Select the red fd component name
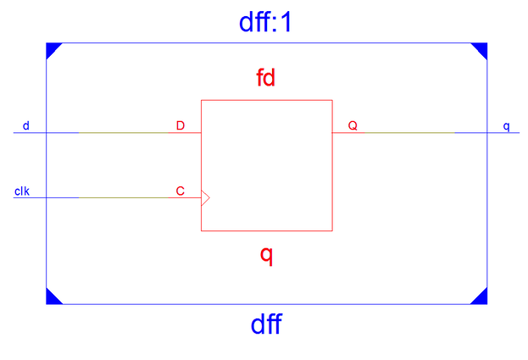pos(266,79)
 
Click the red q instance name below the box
pos(266,255)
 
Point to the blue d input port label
pos(25,125)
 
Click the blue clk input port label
pos(22,191)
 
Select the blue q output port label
pos(506,126)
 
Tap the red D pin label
pos(180,125)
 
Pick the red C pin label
pos(180,191)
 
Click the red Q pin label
pos(353,125)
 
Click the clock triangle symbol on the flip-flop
pos(205,198)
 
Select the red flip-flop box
pos(266,165)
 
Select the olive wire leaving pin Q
pos(407,133)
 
